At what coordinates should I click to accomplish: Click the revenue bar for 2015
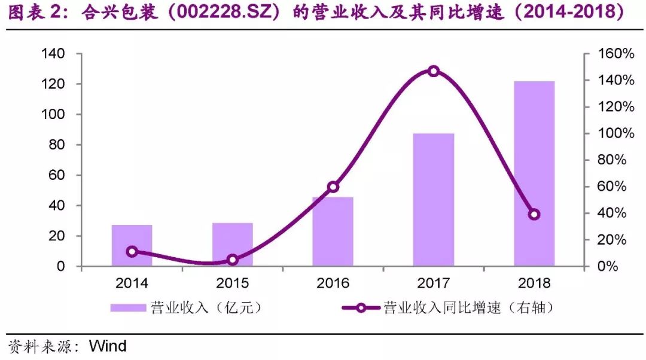click(233, 245)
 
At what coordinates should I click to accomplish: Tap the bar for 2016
click(333, 231)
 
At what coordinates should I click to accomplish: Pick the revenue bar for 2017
click(434, 200)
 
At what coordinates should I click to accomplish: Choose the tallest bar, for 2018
click(534, 173)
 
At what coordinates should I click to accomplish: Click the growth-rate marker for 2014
click(132, 252)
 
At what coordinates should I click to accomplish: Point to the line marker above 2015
click(233, 260)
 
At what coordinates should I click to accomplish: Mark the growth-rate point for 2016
click(333, 187)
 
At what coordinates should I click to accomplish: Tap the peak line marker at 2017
click(434, 71)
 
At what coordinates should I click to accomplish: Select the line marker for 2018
click(534, 215)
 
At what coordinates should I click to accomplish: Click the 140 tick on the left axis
click(53, 54)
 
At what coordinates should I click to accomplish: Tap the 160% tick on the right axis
click(616, 54)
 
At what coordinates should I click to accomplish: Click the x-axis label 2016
click(333, 282)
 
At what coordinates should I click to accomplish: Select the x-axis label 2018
click(534, 282)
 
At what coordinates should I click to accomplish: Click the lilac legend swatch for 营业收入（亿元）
click(129, 308)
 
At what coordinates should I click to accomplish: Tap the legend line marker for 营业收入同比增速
click(361, 308)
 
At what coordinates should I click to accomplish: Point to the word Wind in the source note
click(108, 346)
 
